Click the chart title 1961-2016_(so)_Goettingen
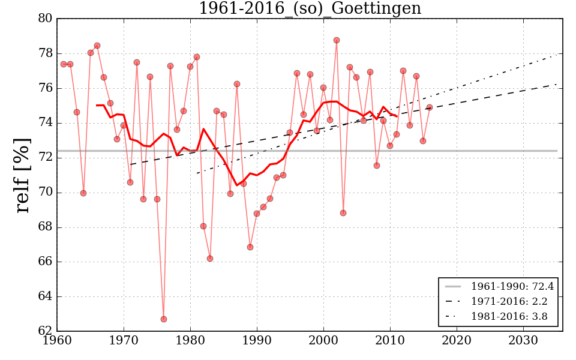(310, 9)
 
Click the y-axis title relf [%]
(22, 175)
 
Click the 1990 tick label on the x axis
(257, 341)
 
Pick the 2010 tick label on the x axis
(390, 341)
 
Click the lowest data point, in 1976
(164, 319)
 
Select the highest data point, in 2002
(337, 40)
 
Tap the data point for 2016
(430, 107)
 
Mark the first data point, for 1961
(64, 64)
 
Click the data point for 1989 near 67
(250, 247)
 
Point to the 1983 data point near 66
(210, 259)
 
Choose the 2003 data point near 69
(343, 213)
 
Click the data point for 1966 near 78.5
(97, 46)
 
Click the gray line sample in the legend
(453, 287)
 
